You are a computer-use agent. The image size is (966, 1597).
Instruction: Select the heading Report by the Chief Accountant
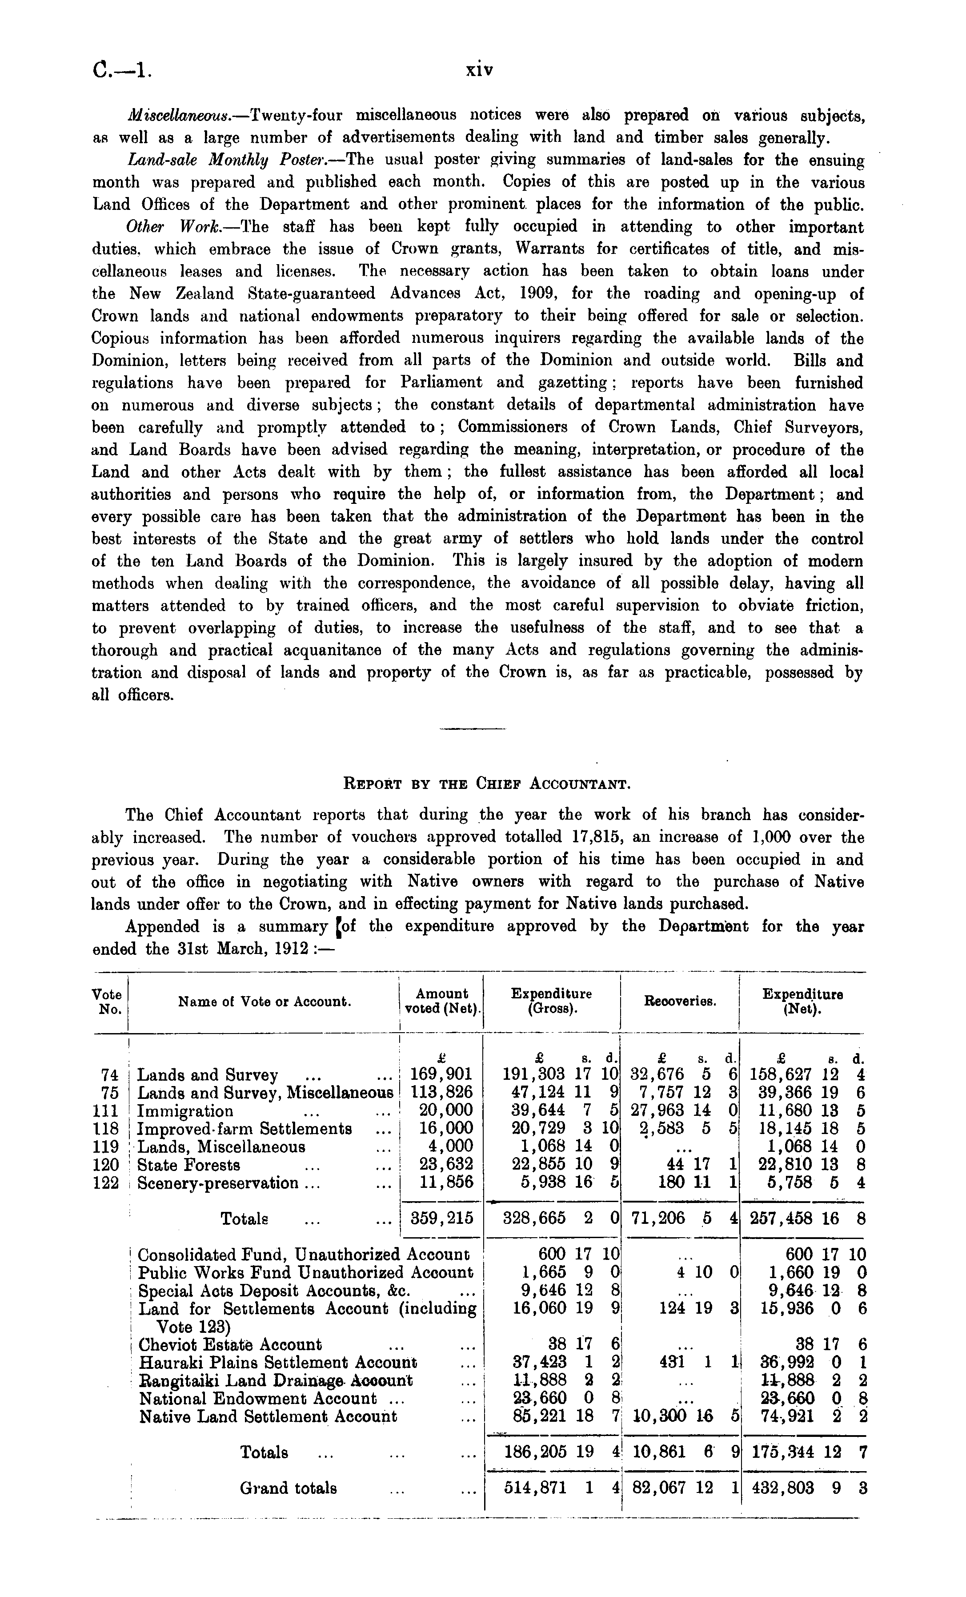(x=486, y=784)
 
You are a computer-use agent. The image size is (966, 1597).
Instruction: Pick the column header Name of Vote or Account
(x=265, y=1002)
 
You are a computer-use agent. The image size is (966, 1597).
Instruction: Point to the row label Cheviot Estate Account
(x=230, y=1345)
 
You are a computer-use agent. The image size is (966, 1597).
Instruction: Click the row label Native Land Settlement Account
(x=268, y=1417)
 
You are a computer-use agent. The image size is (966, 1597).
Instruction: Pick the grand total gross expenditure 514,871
(x=535, y=1488)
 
